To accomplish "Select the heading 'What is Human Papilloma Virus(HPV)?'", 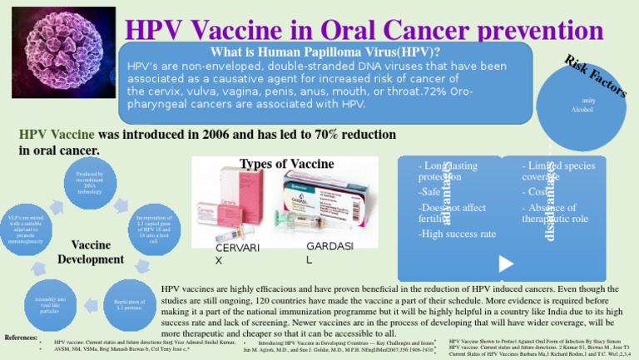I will (x=326, y=51).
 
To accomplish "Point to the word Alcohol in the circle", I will (x=582, y=109).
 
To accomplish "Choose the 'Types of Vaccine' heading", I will (x=275, y=164).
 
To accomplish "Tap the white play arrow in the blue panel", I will (x=504, y=264).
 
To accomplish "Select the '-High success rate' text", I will (x=457, y=234).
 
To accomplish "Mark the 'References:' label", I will (x=21, y=337).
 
